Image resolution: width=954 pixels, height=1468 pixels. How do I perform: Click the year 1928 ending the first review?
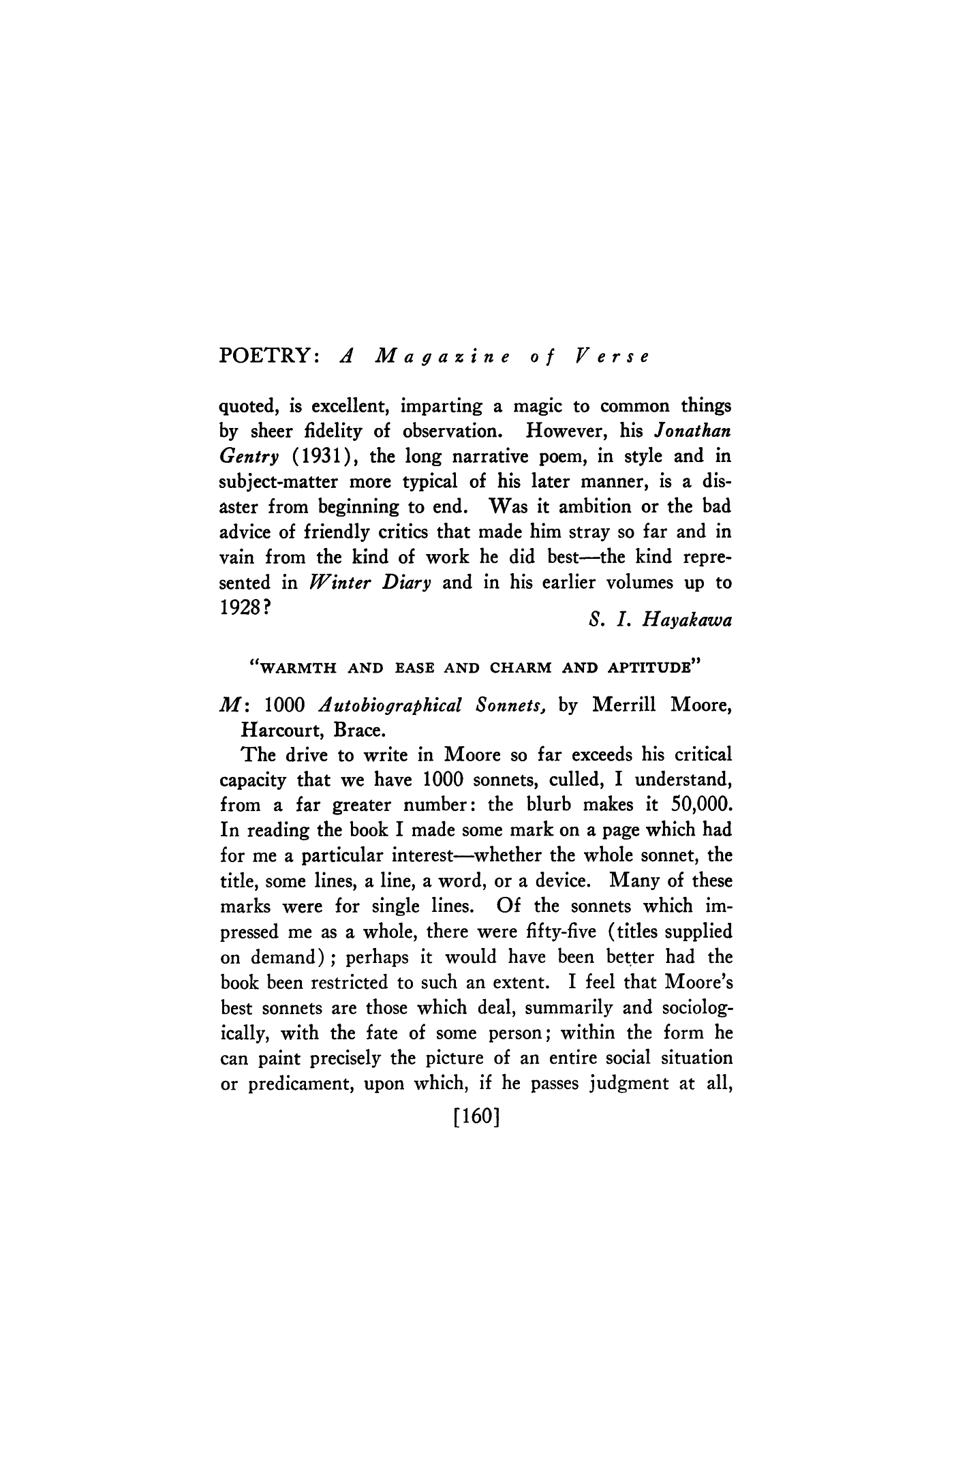(x=245, y=608)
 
